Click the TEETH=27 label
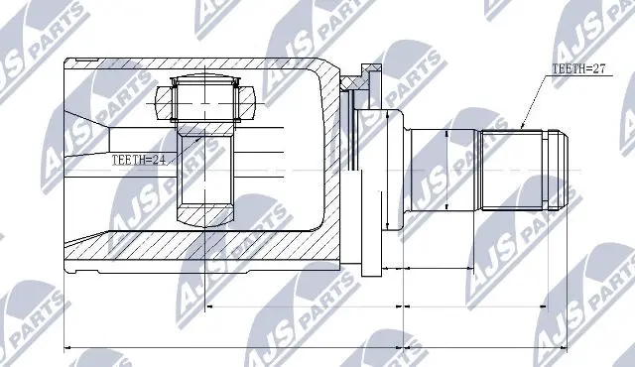click(x=576, y=69)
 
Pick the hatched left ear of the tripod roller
click(x=164, y=101)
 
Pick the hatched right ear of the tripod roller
click(x=247, y=101)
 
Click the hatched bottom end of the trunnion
click(x=205, y=212)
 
